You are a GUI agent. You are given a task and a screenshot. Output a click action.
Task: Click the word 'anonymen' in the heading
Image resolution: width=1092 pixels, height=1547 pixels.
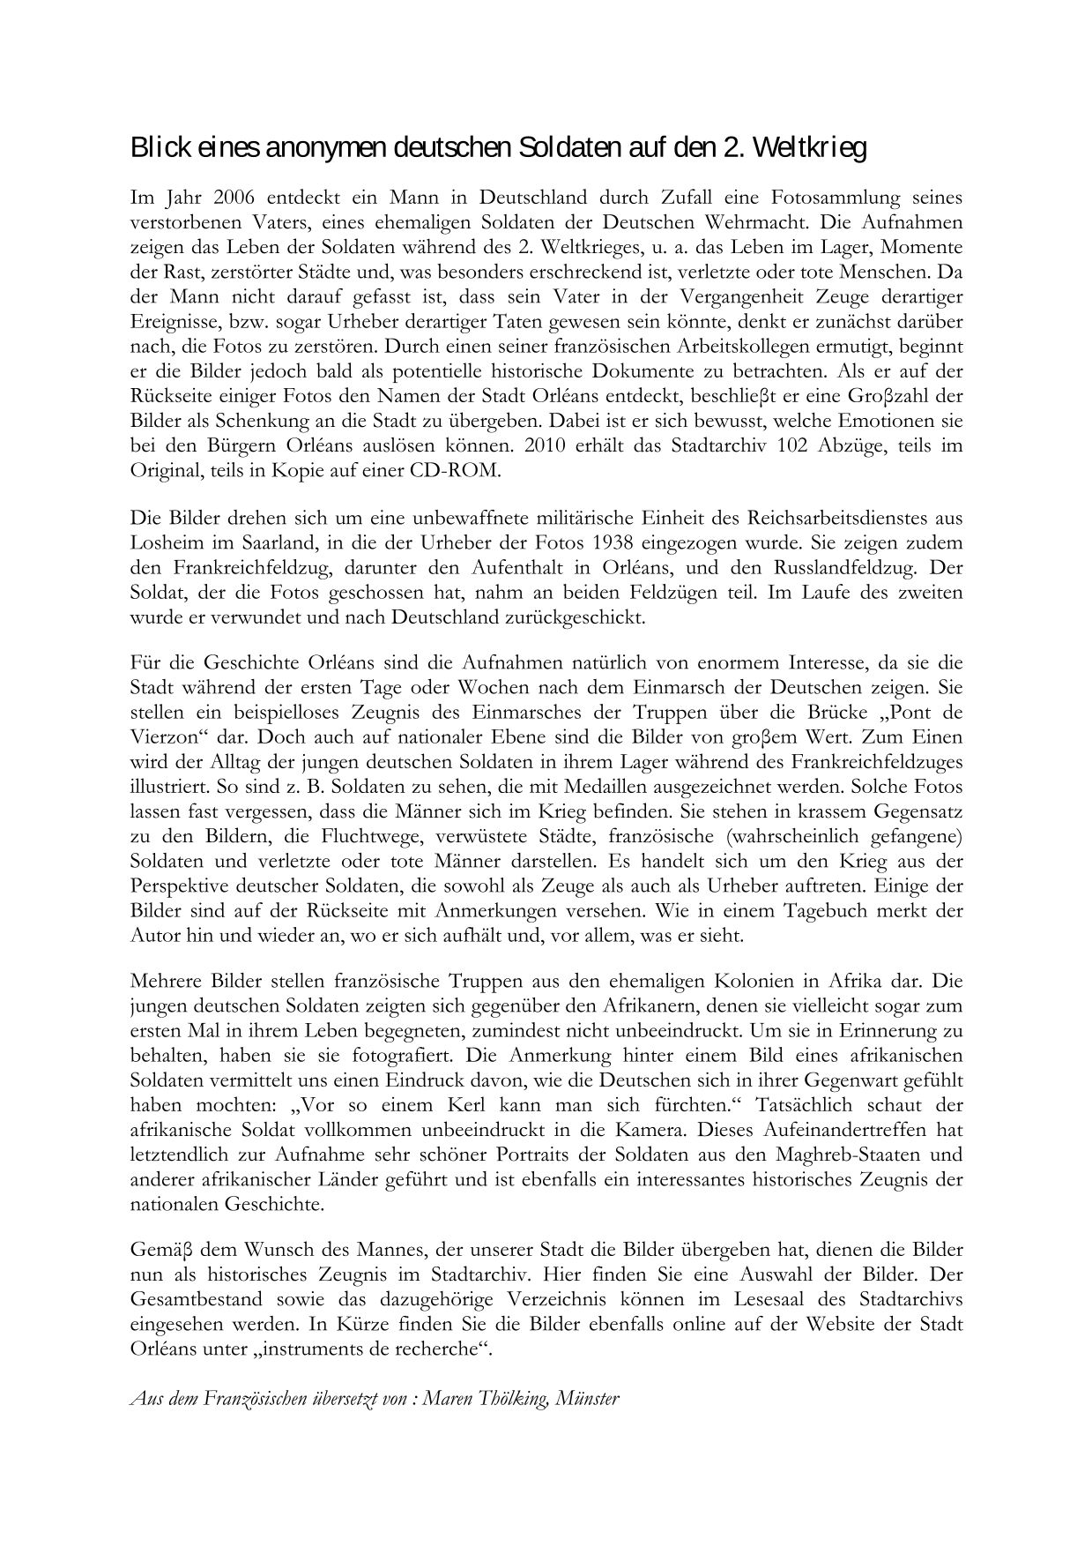(319, 148)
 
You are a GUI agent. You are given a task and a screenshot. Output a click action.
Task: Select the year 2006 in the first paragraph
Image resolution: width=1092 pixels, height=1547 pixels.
(234, 197)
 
